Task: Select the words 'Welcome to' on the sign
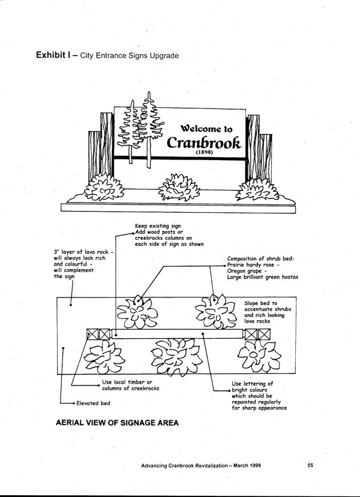point(206,128)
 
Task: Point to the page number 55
point(310,465)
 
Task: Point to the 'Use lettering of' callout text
point(252,384)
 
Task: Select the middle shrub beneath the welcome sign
point(178,186)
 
